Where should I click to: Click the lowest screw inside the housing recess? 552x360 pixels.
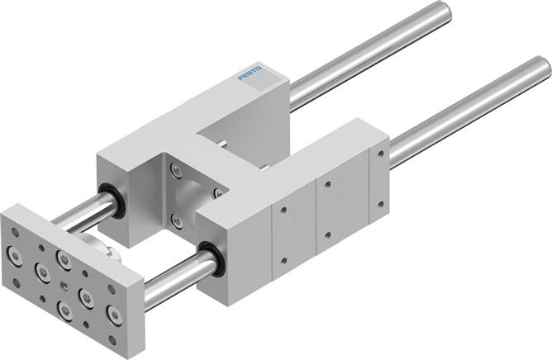coord(175,220)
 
